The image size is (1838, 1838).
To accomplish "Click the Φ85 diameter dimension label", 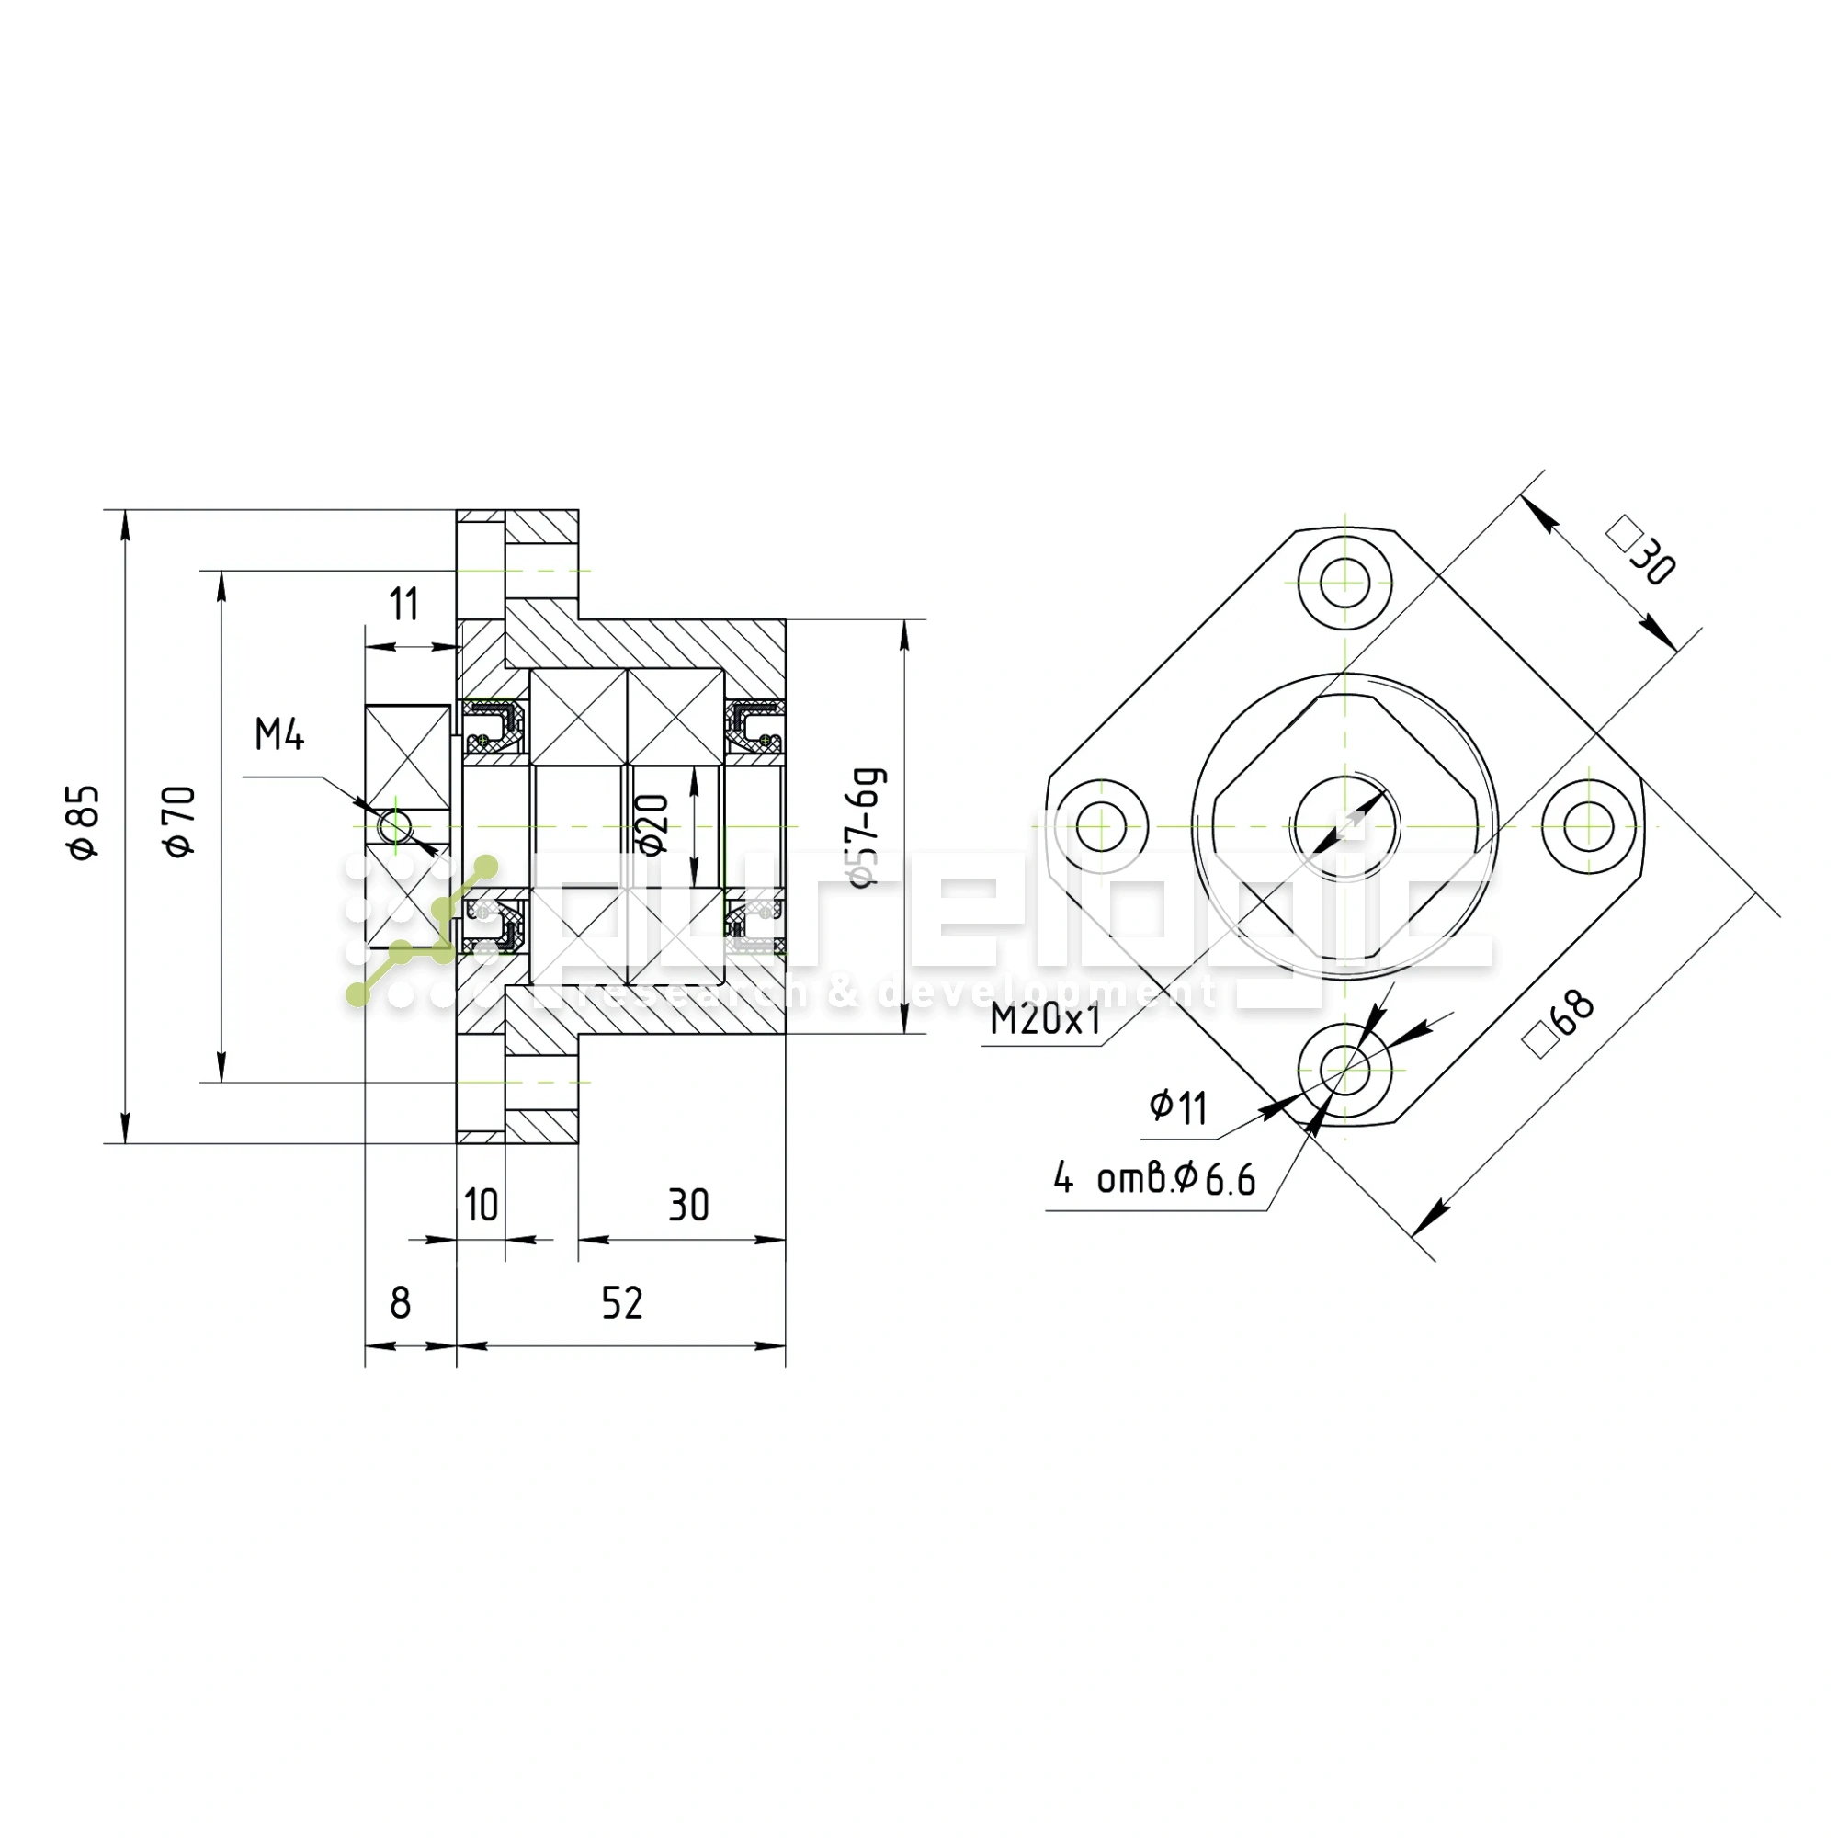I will (x=84, y=822).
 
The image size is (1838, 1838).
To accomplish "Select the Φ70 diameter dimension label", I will (x=180, y=822).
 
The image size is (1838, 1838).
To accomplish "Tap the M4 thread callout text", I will (x=279, y=734).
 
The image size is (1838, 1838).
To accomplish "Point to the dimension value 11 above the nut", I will (x=404, y=604).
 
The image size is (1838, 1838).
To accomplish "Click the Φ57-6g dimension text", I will (x=867, y=827).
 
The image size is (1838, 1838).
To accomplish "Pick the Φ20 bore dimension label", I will (x=652, y=825).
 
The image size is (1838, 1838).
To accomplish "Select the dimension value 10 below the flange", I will (x=482, y=1206).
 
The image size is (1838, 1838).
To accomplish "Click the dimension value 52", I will (x=622, y=1303).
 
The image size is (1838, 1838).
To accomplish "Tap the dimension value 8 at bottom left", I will (x=401, y=1303).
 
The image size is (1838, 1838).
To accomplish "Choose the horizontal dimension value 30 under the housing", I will (x=688, y=1206).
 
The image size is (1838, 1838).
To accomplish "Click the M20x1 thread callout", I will (x=1046, y=1020).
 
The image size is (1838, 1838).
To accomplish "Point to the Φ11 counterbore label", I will (x=1178, y=1107).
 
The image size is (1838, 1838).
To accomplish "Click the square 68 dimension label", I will (x=1560, y=1024).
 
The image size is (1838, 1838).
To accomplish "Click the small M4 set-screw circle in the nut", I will (x=394, y=826).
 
